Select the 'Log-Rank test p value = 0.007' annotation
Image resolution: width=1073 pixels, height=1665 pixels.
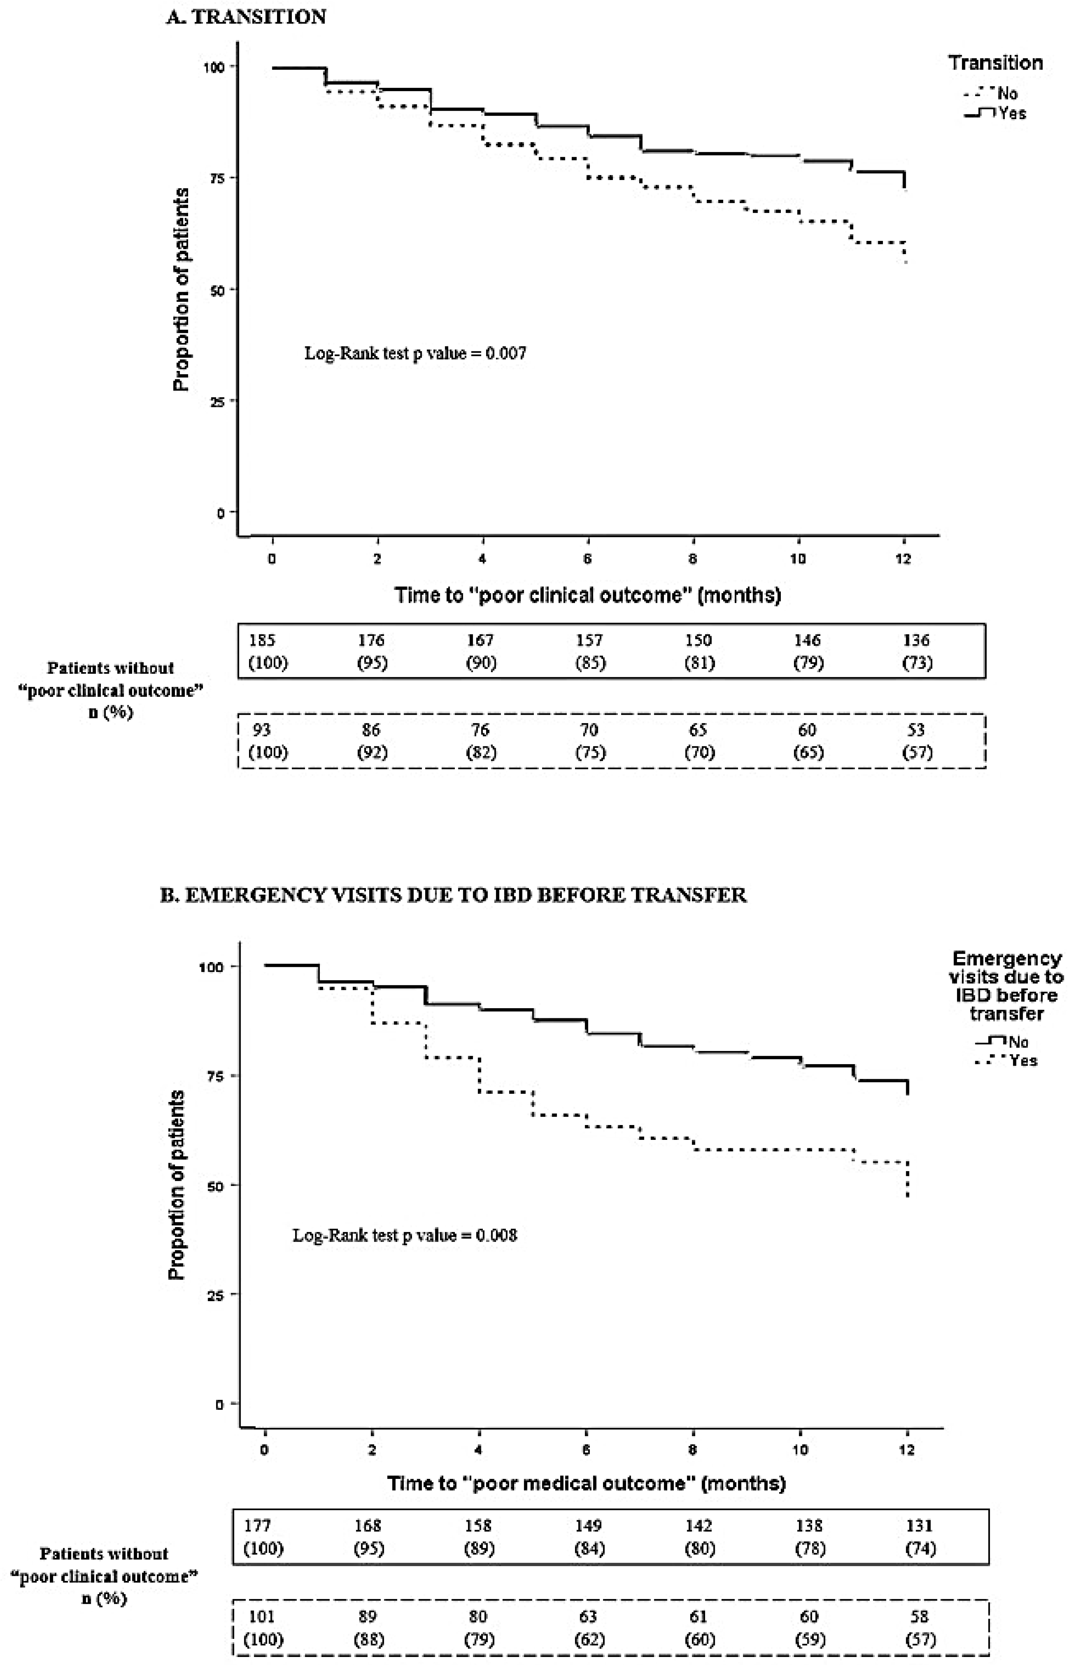(x=415, y=353)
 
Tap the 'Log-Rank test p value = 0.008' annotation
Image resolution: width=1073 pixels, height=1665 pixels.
(x=404, y=1235)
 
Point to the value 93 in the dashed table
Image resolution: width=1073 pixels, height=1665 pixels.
(x=262, y=730)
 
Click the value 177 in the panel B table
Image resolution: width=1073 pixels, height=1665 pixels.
(x=257, y=1526)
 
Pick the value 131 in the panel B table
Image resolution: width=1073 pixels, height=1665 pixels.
(x=919, y=1526)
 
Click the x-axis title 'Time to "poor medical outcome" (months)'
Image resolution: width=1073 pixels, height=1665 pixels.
(x=586, y=1483)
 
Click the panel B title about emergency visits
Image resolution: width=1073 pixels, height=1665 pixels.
(x=453, y=895)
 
